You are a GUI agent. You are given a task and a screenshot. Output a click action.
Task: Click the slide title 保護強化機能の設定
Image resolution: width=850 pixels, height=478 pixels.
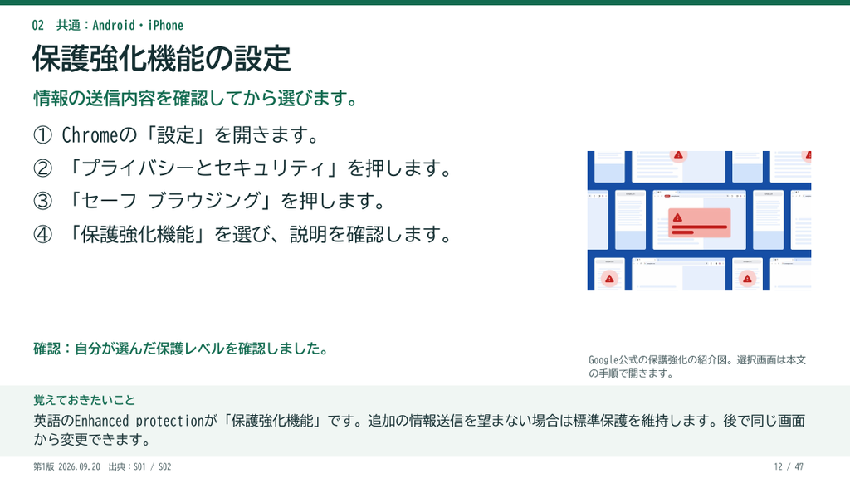coord(162,59)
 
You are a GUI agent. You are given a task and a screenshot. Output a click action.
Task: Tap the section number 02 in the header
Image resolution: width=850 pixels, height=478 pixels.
coord(38,26)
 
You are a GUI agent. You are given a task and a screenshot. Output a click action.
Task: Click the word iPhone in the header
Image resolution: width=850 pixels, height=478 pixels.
coord(166,26)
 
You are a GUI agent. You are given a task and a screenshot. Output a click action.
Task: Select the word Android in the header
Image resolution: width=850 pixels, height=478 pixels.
coord(114,26)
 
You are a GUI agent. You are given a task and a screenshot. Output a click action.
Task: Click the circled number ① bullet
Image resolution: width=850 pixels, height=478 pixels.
coord(43,135)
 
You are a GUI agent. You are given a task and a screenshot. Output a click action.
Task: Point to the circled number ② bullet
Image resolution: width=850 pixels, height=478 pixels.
coord(43,168)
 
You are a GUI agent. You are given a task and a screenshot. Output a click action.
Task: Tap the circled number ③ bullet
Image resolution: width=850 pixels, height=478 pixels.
coord(43,201)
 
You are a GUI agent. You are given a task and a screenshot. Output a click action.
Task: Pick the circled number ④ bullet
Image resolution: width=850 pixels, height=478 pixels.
coord(43,235)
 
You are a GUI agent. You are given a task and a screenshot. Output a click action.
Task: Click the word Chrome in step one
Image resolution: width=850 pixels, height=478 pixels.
coord(90,135)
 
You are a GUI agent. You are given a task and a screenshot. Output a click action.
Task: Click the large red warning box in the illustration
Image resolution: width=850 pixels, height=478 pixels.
coord(699,222)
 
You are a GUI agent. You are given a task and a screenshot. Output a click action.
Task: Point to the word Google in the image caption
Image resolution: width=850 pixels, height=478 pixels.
coord(603,360)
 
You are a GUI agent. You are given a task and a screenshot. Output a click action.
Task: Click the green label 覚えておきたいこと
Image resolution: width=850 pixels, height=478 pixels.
coord(85,401)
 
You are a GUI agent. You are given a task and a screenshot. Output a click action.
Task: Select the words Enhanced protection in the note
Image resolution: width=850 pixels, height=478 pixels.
coord(139,421)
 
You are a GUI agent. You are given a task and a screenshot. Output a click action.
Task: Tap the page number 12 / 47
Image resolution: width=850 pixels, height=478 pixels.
coord(789,466)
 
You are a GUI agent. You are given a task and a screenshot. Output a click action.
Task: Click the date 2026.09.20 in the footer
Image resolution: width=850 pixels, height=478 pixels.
coord(79,466)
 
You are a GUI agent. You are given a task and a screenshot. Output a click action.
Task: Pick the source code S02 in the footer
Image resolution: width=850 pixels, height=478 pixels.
coord(165,466)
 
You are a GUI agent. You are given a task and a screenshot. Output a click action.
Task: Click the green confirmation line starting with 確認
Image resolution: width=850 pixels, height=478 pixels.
coord(181,349)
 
